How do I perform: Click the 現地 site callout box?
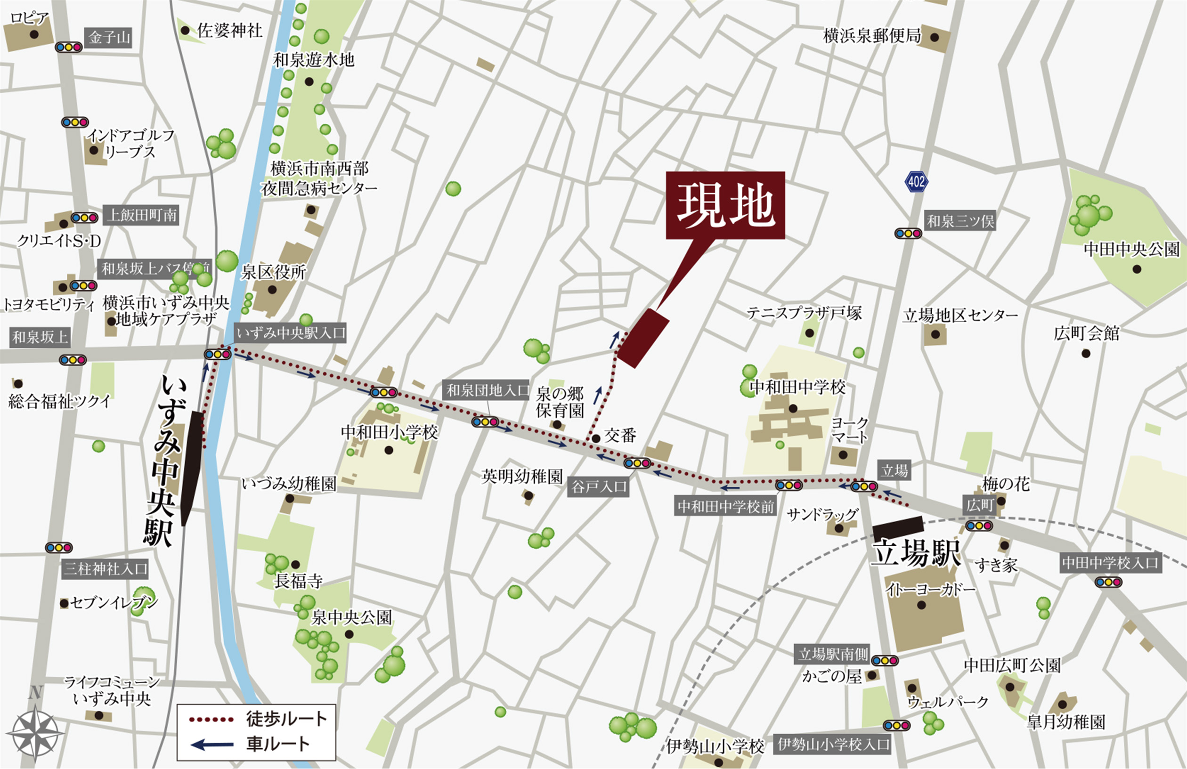725,205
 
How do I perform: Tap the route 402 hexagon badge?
916,181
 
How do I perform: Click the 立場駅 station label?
916,553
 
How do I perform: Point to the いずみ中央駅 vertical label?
164,461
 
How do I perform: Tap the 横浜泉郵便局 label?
872,36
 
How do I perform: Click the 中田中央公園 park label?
1131,250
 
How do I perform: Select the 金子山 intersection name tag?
110,38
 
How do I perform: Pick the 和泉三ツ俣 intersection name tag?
960,220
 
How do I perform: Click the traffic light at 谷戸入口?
637,463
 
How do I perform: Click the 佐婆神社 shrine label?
229,31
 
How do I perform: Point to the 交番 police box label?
620,436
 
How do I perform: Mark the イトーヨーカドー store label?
931,590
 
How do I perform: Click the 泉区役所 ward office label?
273,272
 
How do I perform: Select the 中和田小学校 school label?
389,432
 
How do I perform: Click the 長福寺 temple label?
298,581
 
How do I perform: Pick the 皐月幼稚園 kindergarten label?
1066,721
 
